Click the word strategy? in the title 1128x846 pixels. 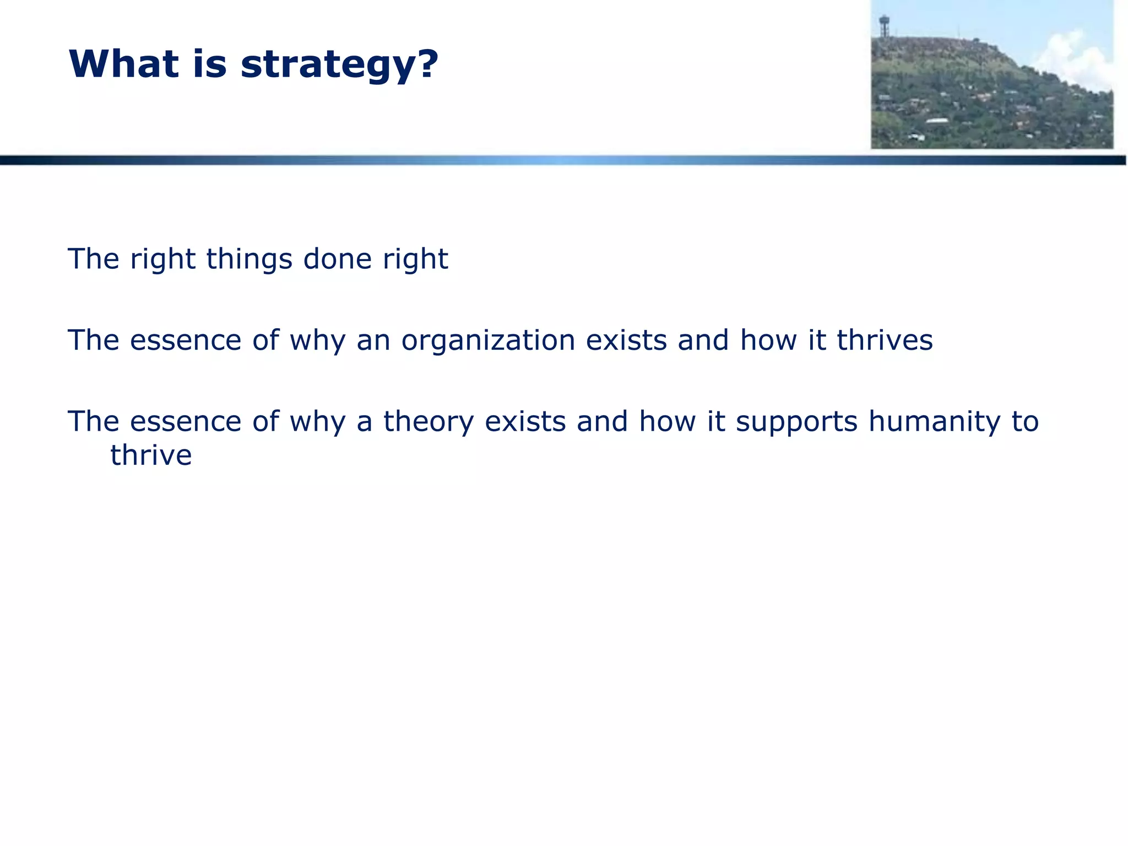tap(339, 65)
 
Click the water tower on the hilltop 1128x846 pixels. tap(885, 25)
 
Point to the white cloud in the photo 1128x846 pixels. tap(1074, 61)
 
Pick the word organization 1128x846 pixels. tap(488, 341)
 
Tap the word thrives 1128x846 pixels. tap(885, 340)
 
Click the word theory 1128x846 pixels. tap(429, 422)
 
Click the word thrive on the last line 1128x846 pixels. tap(151, 455)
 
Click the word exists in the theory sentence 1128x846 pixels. tap(525, 421)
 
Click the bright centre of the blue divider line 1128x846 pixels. tap(562, 160)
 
